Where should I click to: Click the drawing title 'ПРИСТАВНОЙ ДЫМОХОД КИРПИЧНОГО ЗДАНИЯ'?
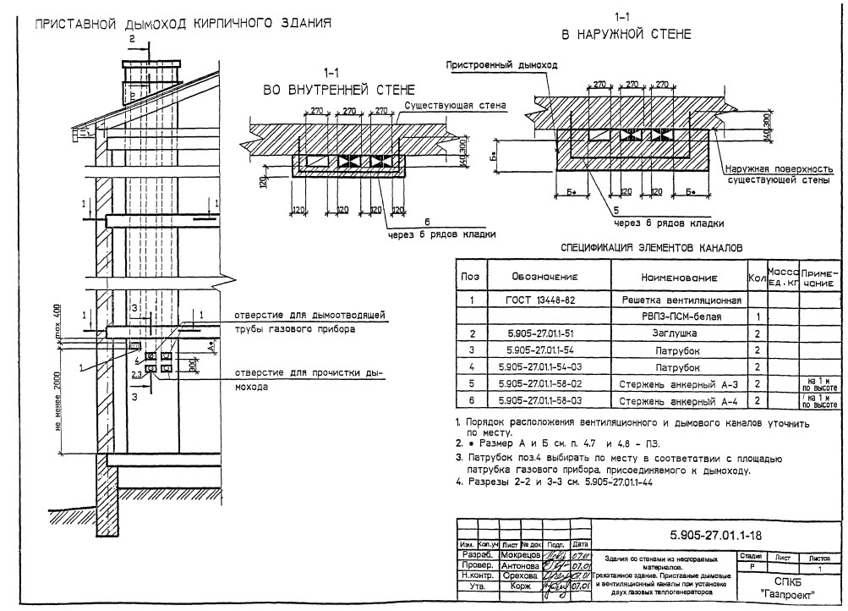pyautogui.click(x=182, y=23)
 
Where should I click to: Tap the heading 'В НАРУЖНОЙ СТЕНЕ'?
pyautogui.click(x=626, y=35)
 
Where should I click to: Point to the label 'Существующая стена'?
pyautogui.click(x=455, y=107)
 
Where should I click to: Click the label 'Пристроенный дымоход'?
pyautogui.click(x=502, y=64)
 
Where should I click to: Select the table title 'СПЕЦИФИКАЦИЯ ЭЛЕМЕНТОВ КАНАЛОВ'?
pyautogui.click(x=652, y=248)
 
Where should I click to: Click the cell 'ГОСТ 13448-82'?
pyautogui.click(x=544, y=300)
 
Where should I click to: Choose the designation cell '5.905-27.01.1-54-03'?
pyautogui.click(x=544, y=367)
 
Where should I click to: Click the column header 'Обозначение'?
pyautogui.click(x=544, y=277)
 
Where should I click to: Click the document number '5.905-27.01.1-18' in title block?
pyautogui.click(x=714, y=535)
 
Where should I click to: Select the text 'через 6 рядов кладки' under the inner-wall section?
pyautogui.click(x=441, y=234)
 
